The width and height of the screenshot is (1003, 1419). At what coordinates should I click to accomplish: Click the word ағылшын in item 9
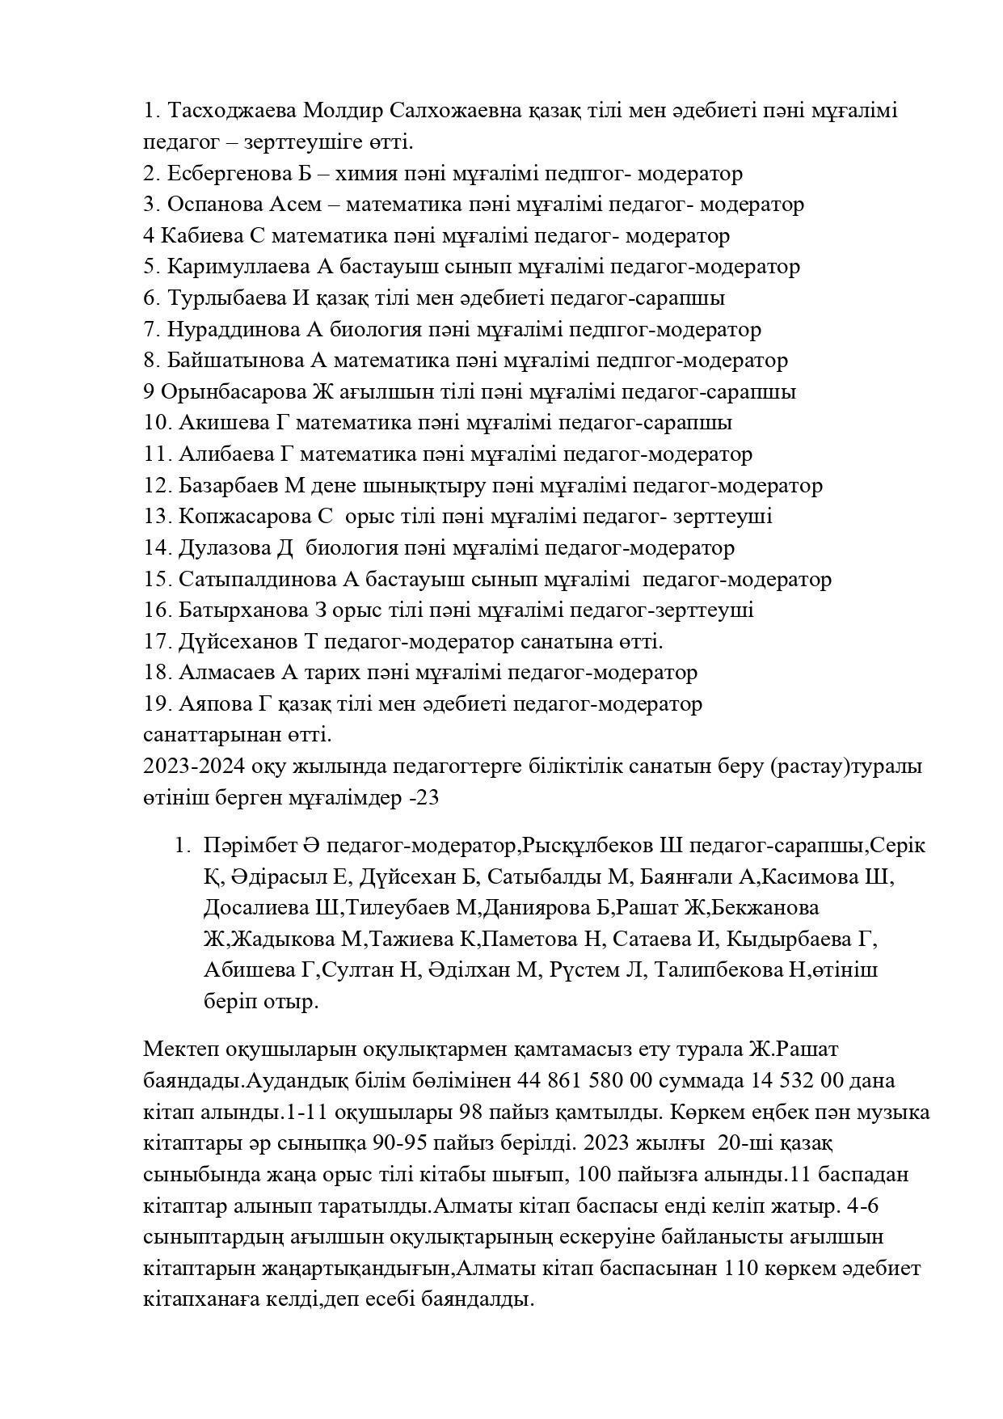point(373,392)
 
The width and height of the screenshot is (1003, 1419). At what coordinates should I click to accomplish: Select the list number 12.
point(157,486)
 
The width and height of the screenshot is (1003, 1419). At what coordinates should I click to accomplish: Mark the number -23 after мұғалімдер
point(424,798)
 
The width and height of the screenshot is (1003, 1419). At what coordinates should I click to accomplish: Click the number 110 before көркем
point(742,1269)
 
